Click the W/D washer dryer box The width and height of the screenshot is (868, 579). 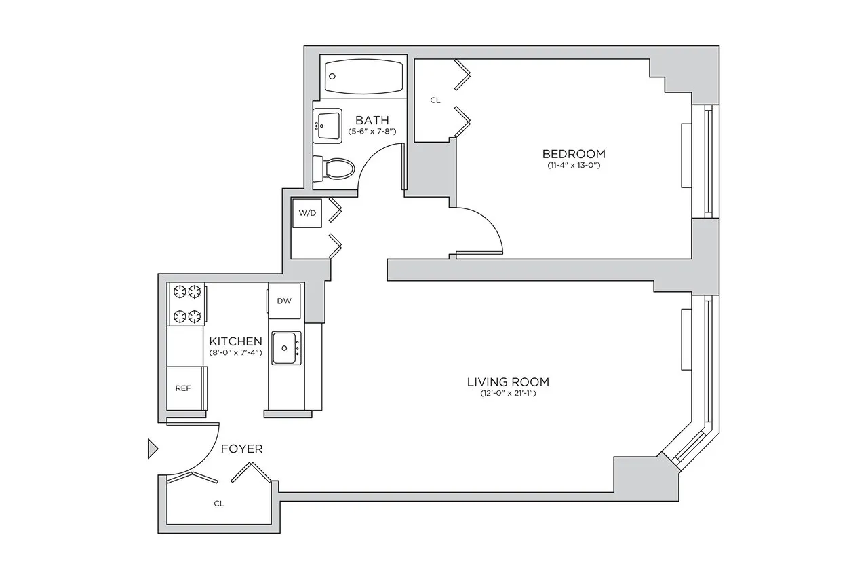click(x=307, y=213)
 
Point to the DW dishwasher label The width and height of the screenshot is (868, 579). click(x=284, y=301)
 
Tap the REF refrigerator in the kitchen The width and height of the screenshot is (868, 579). click(x=183, y=388)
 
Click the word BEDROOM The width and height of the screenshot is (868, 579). click(x=574, y=153)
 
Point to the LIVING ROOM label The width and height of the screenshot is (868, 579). click(x=507, y=381)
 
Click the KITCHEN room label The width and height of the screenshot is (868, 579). click(x=235, y=341)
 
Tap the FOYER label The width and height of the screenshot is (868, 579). click(x=241, y=449)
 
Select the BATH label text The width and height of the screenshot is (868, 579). click(x=372, y=120)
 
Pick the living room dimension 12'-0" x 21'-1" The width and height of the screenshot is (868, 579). click(x=507, y=394)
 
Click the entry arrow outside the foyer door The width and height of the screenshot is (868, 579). click(x=153, y=449)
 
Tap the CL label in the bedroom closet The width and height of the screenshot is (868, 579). click(x=435, y=100)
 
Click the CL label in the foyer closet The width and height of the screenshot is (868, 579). click(x=218, y=504)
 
